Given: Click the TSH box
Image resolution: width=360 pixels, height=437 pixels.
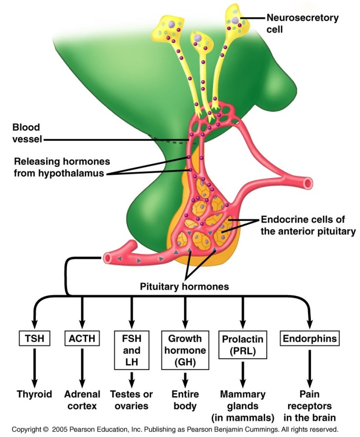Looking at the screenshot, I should click(x=34, y=338).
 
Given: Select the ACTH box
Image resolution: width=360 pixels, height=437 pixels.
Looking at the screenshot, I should click(x=82, y=338).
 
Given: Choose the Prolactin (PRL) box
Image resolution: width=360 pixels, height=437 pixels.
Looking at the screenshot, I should click(x=243, y=344).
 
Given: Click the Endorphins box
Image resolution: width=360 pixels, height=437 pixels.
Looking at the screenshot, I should click(x=309, y=338).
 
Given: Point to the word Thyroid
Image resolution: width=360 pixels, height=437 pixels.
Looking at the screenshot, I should click(x=34, y=394).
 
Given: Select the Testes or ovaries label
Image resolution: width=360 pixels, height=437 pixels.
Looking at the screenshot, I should click(x=131, y=400).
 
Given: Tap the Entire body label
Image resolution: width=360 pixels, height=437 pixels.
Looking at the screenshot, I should click(x=185, y=400).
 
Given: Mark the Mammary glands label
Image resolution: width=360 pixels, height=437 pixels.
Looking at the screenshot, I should click(x=243, y=405).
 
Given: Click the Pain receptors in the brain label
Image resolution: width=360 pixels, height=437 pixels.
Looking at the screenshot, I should click(x=309, y=405).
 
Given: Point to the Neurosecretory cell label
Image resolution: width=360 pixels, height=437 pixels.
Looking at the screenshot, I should click(x=302, y=23).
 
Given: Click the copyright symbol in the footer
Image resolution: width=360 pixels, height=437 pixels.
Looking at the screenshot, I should click(x=45, y=430).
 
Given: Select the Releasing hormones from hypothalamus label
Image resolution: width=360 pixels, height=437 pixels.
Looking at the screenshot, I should click(x=62, y=167).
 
